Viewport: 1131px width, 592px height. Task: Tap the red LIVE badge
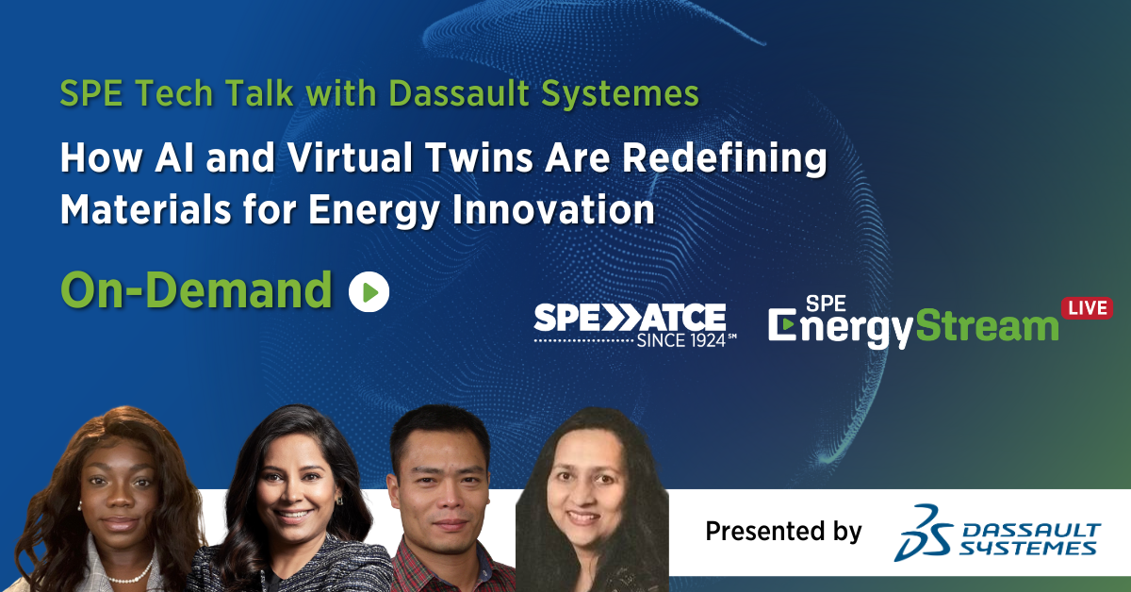pyautogui.click(x=1087, y=308)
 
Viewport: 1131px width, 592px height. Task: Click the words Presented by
pyautogui.click(x=783, y=532)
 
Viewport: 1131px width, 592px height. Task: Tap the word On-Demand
pyautogui.click(x=196, y=290)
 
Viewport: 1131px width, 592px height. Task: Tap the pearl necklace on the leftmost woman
pyautogui.click(x=133, y=571)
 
